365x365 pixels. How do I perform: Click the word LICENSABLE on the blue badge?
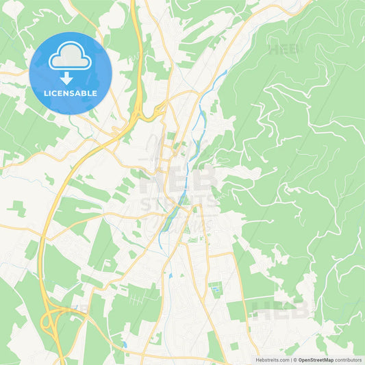[x=71, y=93]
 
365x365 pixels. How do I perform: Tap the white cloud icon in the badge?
[x=70, y=58]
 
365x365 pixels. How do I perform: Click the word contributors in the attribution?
[x=348, y=360]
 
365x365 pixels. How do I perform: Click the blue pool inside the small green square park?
[x=216, y=290]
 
